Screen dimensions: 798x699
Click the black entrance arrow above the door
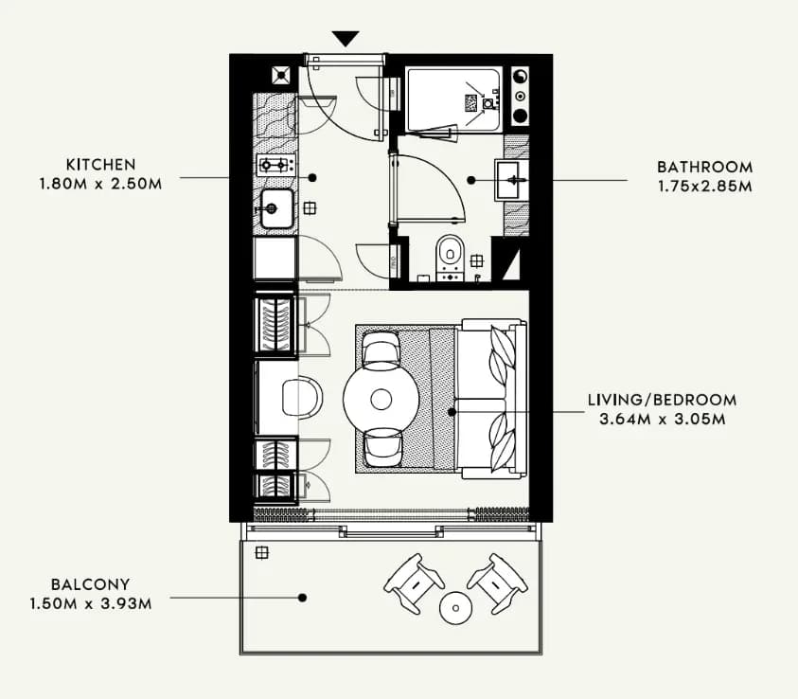[346, 38]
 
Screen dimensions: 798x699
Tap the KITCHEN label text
[101, 165]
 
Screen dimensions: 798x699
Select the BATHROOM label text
[705, 167]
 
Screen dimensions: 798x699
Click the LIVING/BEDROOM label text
[662, 400]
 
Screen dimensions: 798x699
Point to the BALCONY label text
[91, 584]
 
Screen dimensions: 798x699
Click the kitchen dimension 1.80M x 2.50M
[100, 184]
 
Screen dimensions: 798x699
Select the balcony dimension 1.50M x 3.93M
[91, 603]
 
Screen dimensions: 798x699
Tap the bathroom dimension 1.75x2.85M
[705, 187]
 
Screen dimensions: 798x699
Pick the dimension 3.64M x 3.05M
[662, 420]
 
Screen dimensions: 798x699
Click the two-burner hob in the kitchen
[275, 165]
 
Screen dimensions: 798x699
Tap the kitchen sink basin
[276, 208]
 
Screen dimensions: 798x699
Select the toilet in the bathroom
[450, 257]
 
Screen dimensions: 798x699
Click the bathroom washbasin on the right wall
[511, 180]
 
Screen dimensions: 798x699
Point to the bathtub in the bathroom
[454, 99]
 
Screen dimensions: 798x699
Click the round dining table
[381, 399]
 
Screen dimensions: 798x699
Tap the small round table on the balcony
[455, 608]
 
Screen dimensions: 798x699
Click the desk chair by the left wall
[302, 398]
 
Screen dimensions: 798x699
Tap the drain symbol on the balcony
[261, 552]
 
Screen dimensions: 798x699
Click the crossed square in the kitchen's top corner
[281, 76]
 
